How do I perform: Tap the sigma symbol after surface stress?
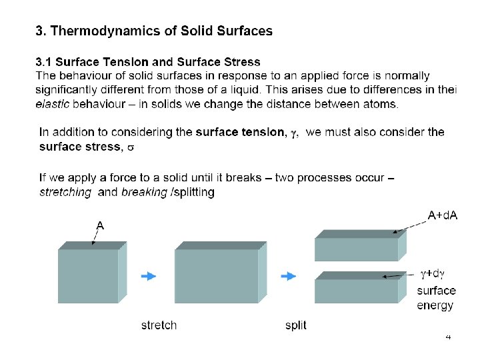(131, 147)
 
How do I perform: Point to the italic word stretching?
(65, 192)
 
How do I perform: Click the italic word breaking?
(145, 192)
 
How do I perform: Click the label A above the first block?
(99, 225)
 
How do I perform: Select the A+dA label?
(442, 215)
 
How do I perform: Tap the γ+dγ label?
(431, 273)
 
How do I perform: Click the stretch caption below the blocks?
(159, 325)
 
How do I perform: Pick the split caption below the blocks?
(295, 325)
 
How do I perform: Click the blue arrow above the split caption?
(288, 276)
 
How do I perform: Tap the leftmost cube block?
(88, 275)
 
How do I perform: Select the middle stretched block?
(217, 275)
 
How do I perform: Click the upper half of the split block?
(357, 249)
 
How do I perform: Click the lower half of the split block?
(357, 289)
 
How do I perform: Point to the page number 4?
(449, 338)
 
